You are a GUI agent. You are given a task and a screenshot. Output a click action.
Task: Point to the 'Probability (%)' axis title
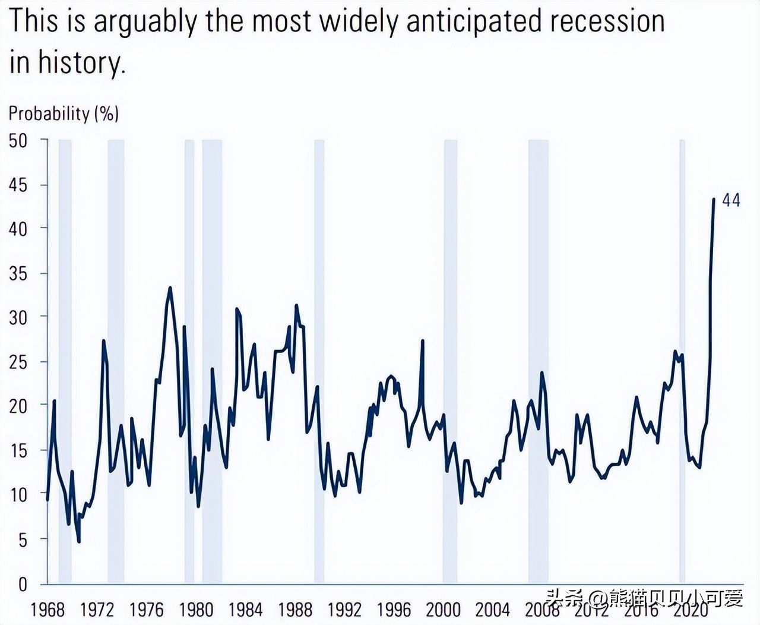[x=64, y=113]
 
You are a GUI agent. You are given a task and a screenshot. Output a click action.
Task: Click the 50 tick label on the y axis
[x=18, y=141]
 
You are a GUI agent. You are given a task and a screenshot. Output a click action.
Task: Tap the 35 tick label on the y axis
[x=18, y=274]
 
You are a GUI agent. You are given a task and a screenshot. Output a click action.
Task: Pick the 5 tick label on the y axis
[x=22, y=540]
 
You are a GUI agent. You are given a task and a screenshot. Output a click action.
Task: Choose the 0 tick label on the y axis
[x=23, y=584]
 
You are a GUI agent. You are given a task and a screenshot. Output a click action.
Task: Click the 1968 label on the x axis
[x=47, y=610]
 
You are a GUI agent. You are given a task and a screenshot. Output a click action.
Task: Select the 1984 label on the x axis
[x=245, y=610]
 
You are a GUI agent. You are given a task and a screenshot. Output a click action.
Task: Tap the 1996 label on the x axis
[x=394, y=610]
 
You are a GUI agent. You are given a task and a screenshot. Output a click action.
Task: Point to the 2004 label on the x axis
[x=492, y=610]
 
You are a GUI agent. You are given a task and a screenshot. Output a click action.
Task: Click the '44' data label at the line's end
[x=731, y=200]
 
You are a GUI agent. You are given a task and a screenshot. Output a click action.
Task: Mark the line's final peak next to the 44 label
[x=713, y=200]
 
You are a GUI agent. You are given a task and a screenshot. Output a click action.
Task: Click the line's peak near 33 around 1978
[x=170, y=288]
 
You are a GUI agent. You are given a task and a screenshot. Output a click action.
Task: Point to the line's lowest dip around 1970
[x=79, y=541]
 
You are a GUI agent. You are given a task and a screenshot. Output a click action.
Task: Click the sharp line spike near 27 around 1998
[x=422, y=341]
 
